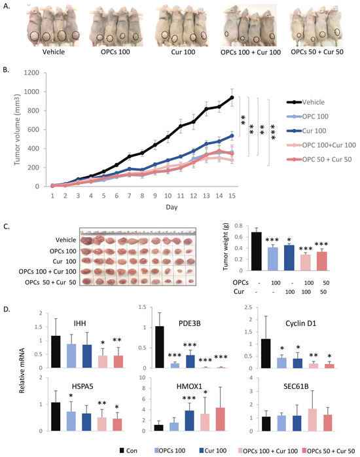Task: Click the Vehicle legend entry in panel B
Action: tap(306, 102)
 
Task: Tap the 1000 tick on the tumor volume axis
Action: tap(31, 92)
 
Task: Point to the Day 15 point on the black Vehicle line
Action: tap(232, 98)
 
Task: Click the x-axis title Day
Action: tap(171, 208)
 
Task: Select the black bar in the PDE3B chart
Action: tap(159, 347)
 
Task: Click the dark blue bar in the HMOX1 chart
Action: tap(189, 420)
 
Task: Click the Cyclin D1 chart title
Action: tap(300, 323)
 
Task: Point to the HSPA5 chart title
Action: tap(82, 386)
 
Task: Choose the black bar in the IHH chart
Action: tap(56, 352)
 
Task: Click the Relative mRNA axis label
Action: tap(22, 371)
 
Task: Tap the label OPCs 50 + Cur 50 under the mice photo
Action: tap(317, 52)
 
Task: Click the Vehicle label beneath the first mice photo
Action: tap(53, 52)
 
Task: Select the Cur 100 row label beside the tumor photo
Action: tap(64, 261)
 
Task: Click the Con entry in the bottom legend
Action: tap(128, 450)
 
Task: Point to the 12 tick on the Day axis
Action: tap(193, 196)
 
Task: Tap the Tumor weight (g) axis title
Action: tap(226, 247)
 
